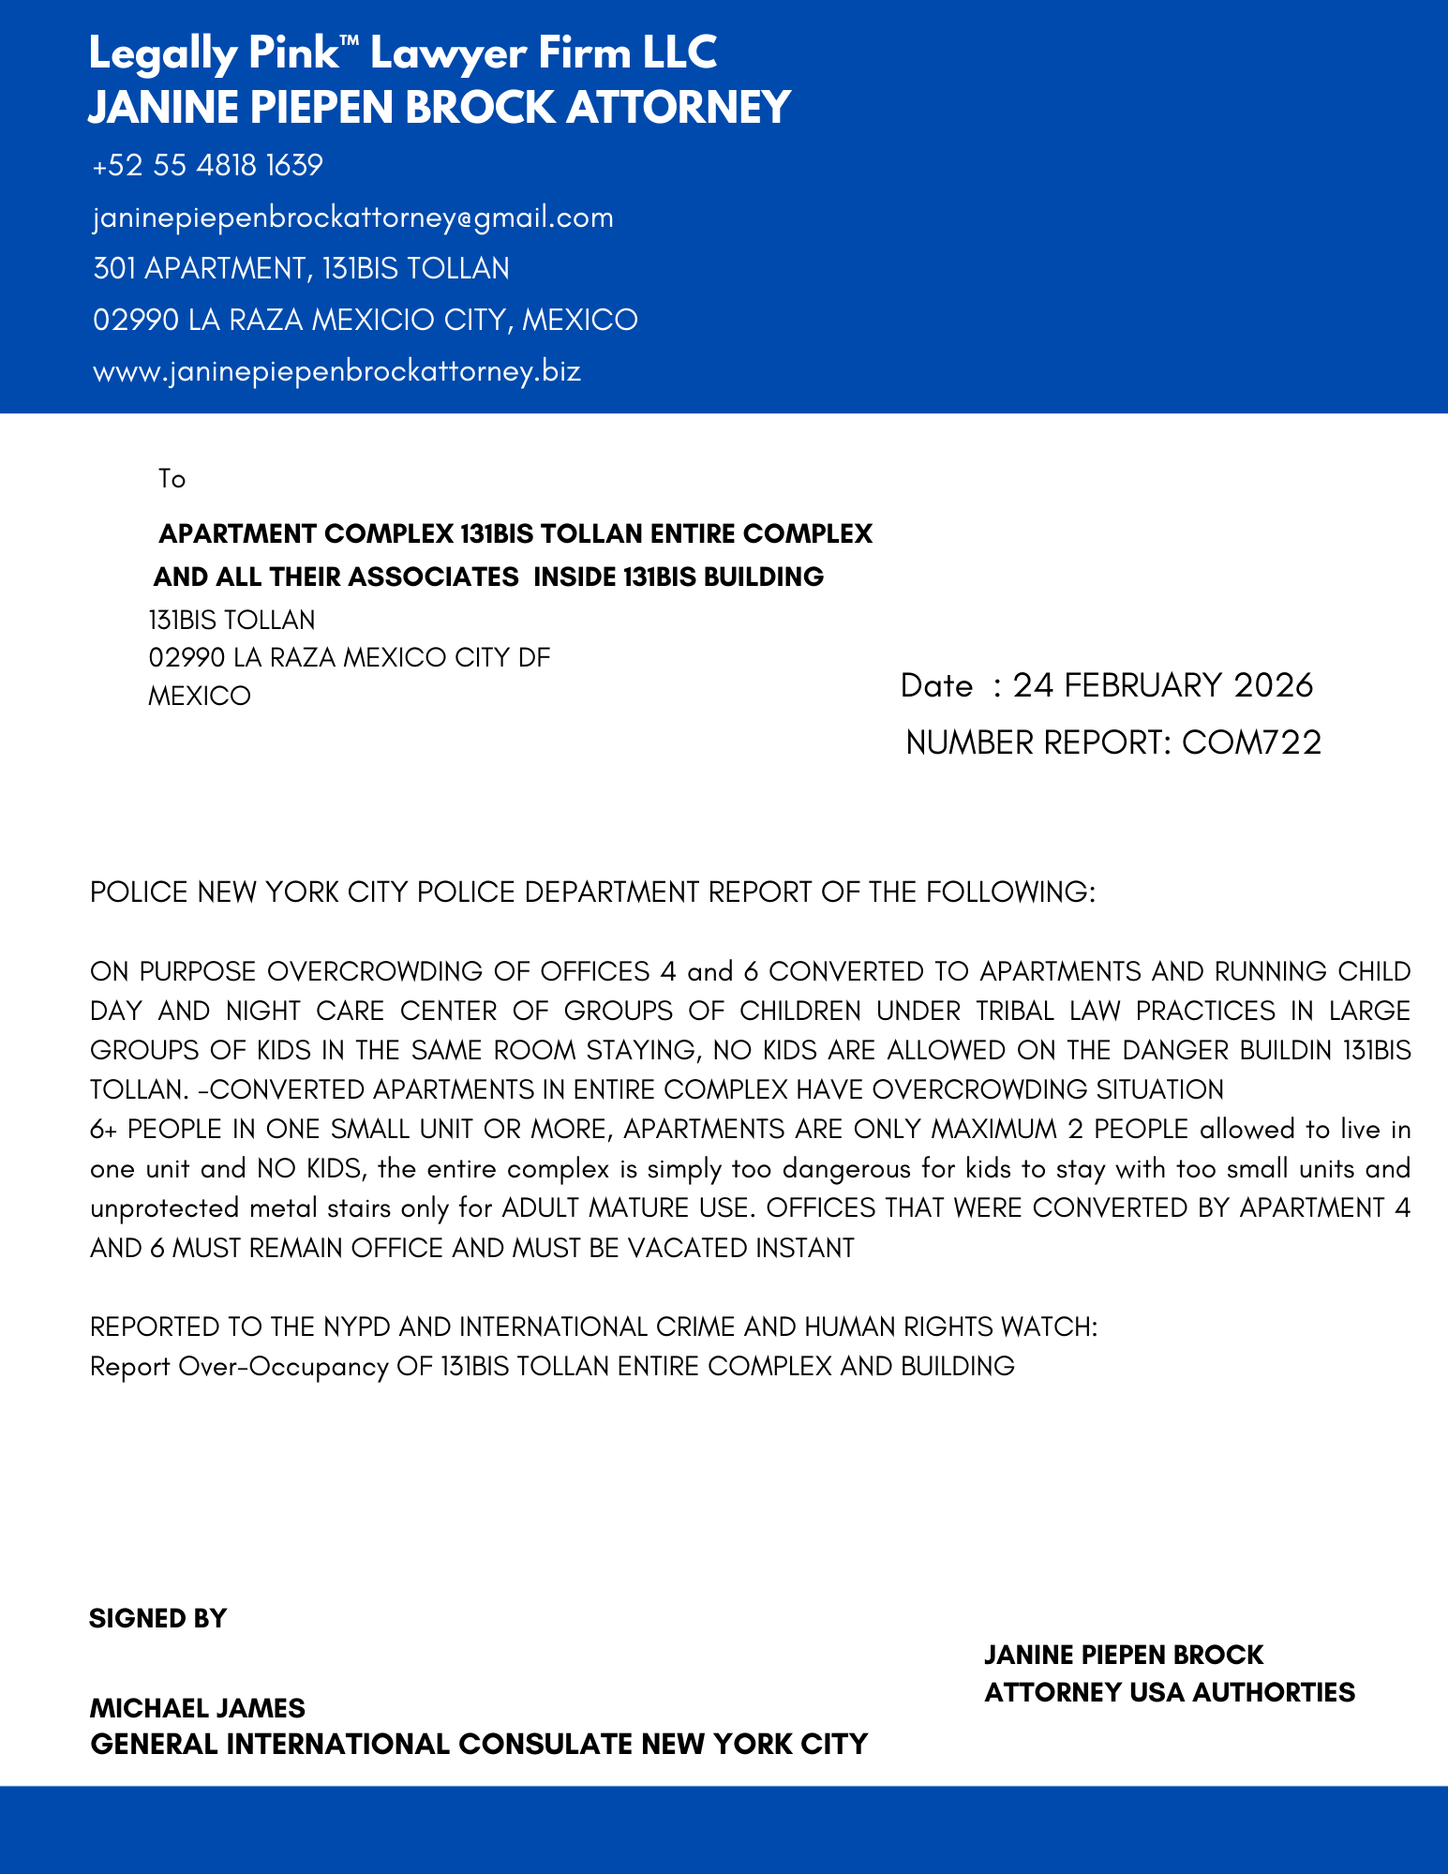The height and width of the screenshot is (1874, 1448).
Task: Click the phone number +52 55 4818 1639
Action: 208,166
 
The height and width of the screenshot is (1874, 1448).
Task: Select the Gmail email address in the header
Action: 353,217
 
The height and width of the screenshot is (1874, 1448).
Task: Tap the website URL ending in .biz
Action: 337,371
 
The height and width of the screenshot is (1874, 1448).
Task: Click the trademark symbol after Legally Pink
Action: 352,40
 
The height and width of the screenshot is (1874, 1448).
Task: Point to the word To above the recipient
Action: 172,479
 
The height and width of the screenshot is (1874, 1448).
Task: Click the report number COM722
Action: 1251,742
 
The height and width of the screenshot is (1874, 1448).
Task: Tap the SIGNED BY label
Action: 158,1619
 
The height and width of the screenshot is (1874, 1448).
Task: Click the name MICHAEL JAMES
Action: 198,1708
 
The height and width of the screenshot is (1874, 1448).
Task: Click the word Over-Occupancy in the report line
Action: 283,1366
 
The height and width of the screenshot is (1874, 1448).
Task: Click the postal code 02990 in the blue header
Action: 136,321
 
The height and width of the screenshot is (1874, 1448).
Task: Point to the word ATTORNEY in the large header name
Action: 679,107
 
